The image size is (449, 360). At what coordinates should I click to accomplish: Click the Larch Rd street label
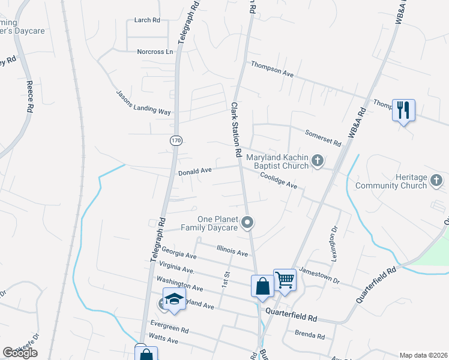tap(147, 20)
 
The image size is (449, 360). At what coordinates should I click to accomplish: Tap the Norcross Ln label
tap(155, 52)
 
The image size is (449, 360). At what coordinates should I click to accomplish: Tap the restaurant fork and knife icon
tap(403, 110)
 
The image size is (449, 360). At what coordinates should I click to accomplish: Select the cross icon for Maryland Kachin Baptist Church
tap(318, 161)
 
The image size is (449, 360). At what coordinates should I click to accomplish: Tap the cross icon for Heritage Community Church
tap(438, 179)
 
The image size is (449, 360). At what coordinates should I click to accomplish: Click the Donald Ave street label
tap(195, 171)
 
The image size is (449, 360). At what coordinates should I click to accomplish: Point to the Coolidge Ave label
tap(279, 181)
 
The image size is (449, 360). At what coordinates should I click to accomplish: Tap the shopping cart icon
tap(285, 279)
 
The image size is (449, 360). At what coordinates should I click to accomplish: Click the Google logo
tap(20, 353)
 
